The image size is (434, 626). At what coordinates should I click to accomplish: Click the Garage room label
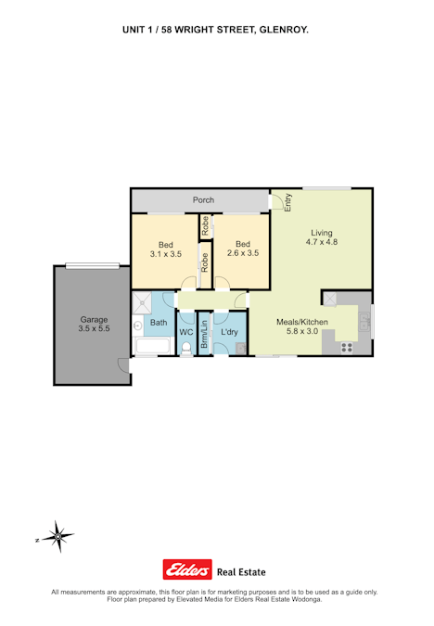(94, 319)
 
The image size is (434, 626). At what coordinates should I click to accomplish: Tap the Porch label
(203, 200)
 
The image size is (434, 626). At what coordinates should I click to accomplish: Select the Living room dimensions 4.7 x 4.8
(322, 242)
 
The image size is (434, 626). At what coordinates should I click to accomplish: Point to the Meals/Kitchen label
(302, 322)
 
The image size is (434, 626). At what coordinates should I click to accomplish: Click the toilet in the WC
(186, 349)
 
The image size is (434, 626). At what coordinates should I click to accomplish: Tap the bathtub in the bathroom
(153, 346)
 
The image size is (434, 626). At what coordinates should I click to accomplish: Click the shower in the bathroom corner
(142, 302)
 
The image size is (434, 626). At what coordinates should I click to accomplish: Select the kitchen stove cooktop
(347, 348)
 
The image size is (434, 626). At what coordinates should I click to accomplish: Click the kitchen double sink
(364, 322)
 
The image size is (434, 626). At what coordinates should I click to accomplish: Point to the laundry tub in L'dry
(241, 349)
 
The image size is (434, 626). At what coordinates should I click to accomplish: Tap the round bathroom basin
(138, 326)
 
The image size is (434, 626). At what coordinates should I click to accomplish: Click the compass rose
(58, 537)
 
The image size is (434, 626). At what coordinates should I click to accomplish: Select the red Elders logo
(187, 569)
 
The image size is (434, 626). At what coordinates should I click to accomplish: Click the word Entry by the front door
(287, 202)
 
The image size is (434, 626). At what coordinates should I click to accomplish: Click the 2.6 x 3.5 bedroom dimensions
(243, 253)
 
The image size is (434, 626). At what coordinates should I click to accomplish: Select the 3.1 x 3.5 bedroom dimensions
(166, 254)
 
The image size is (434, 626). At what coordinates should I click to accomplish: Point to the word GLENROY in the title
(283, 30)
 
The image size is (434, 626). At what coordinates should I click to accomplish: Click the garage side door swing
(124, 365)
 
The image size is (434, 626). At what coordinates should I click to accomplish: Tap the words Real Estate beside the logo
(241, 572)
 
